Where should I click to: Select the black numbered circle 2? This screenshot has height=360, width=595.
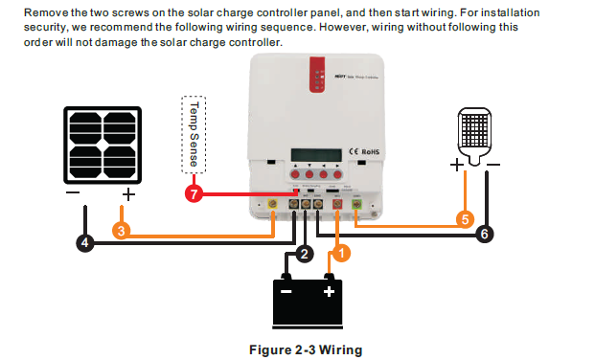[305, 254]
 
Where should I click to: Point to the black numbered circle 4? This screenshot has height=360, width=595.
[85, 243]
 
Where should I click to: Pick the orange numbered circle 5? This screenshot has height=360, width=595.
[465, 219]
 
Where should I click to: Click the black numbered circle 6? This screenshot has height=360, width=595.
[484, 234]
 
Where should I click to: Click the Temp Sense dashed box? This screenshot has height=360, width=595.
[194, 134]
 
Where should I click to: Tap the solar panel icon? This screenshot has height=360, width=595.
[103, 145]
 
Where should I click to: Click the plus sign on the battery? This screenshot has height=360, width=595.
[329, 291]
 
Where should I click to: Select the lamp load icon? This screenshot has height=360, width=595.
[476, 133]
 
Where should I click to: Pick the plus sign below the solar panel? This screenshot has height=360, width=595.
[128, 193]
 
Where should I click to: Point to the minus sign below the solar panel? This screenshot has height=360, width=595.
[73, 193]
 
